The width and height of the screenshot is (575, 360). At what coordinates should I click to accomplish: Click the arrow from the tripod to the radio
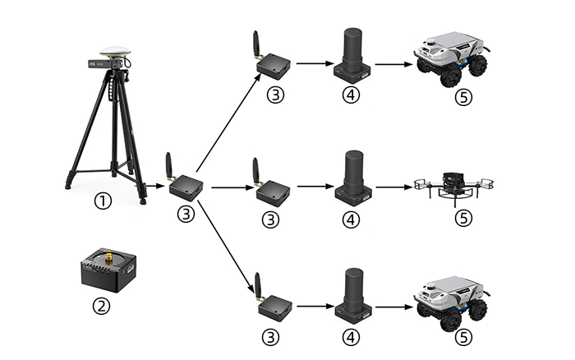154,186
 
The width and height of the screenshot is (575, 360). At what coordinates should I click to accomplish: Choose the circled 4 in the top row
352,95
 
